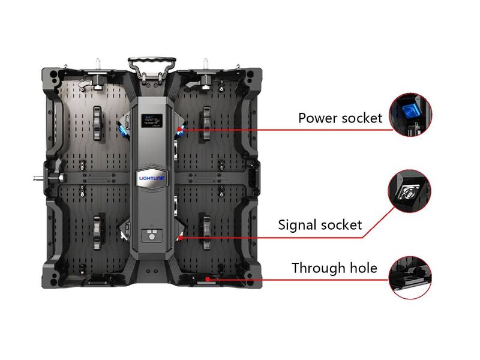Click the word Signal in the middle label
297,224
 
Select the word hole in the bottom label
364,268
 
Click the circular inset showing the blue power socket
410,115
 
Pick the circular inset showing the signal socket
410,191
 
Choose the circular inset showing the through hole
410,278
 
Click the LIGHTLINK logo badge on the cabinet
152,178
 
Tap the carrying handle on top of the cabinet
152,68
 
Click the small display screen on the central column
152,121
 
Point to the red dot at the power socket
179,130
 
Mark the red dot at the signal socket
181,237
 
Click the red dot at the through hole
208,279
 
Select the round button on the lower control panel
152,236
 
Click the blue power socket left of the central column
122,130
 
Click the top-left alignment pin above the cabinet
98,64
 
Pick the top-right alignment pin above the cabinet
206,64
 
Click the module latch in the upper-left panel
97,124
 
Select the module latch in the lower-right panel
207,230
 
